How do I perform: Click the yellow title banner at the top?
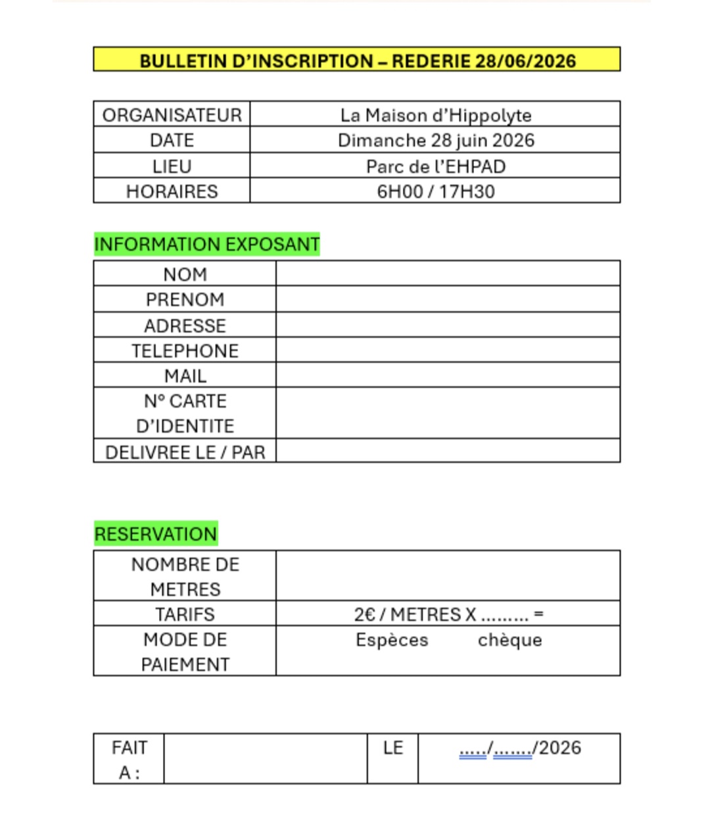pyautogui.click(x=357, y=60)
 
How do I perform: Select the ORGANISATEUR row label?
pyautogui.click(x=172, y=115)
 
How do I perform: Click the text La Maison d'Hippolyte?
pyautogui.click(x=435, y=115)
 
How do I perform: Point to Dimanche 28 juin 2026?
pyautogui.click(x=435, y=140)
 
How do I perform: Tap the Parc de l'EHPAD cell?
pyautogui.click(x=435, y=166)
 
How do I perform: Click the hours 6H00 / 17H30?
pyautogui.click(x=435, y=191)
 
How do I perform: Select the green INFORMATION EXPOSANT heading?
pyautogui.click(x=206, y=244)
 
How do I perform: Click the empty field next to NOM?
pyautogui.click(x=447, y=274)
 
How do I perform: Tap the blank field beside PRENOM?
pyautogui.click(x=447, y=299)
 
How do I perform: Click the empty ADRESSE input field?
pyautogui.click(x=447, y=325)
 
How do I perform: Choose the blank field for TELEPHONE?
pyautogui.click(x=447, y=350)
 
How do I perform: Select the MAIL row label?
pyautogui.click(x=185, y=376)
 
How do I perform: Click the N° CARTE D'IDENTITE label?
pyautogui.click(x=185, y=413)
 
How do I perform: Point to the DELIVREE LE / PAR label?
pyautogui.click(x=185, y=452)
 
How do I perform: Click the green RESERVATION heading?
pyautogui.click(x=155, y=533)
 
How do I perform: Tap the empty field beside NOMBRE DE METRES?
pyautogui.click(x=447, y=576)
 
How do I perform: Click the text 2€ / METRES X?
pyautogui.click(x=415, y=614)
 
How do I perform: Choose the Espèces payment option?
pyautogui.click(x=392, y=640)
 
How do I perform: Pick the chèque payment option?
pyautogui.click(x=509, y=640)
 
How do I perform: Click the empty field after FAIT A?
pyautogui.click(x=265, y=758)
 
